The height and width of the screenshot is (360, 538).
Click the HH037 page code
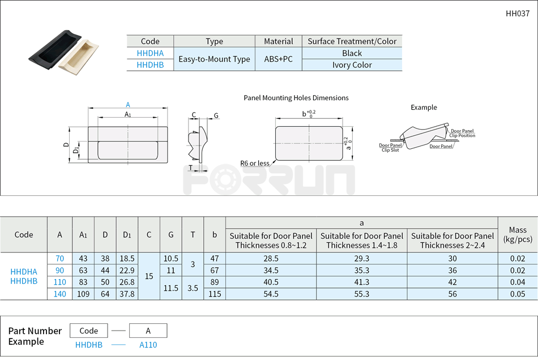click(x=517, y=13)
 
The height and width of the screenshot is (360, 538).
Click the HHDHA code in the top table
click(x=150, y=53)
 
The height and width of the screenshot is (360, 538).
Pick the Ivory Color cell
click(x=352, y=65)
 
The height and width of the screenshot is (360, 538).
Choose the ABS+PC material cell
click(x=279, y=59)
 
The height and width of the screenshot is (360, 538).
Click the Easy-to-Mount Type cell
click(x=214, y=59)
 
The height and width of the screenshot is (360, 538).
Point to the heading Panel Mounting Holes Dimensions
click(x=296, y=98)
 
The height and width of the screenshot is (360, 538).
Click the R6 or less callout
click(x=254, y=164)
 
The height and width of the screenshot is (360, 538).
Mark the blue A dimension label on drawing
click(x=128, y=105)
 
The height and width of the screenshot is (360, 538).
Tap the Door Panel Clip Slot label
click(x=390, y=148)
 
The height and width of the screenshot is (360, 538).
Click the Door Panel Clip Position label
click(x=462, y=134)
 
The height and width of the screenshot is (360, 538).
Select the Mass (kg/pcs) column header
click(x=517, y=234)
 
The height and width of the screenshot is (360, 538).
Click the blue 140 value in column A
click(x=59, y=294)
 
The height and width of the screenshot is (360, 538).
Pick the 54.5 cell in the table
click(x=271, y=294)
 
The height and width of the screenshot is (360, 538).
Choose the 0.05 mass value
click(x=517, y=294)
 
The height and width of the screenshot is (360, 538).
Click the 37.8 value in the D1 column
click(x=127, y=294)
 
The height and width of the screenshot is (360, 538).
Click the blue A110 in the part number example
click(x=148, y=345)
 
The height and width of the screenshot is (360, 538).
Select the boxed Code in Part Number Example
click(x=89, y=331)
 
